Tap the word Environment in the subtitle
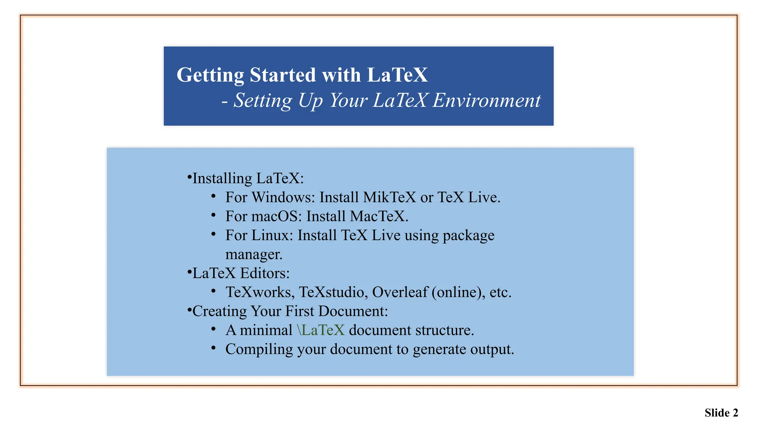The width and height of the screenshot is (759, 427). [486, 100]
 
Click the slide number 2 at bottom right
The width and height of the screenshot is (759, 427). [735, 413]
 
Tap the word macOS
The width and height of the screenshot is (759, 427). [275, 216]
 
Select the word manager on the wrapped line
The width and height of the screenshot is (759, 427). [254, 255]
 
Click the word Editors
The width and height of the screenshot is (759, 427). [265, 273]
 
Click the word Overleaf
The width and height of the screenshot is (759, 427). [400, 292]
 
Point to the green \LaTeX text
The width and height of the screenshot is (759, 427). [321, 330]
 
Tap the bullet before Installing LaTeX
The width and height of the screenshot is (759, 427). [189, 177]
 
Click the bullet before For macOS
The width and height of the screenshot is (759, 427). [213, 215]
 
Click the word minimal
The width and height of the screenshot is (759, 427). [266, 330]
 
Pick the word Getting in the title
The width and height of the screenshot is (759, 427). [210, 75]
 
